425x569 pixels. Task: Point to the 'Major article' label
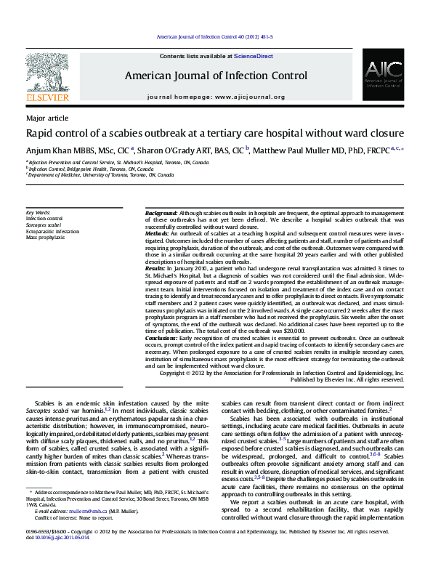pos(47,118)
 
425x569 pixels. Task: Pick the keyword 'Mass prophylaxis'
pos(45,237)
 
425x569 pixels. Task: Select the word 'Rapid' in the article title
pos(39,134)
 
